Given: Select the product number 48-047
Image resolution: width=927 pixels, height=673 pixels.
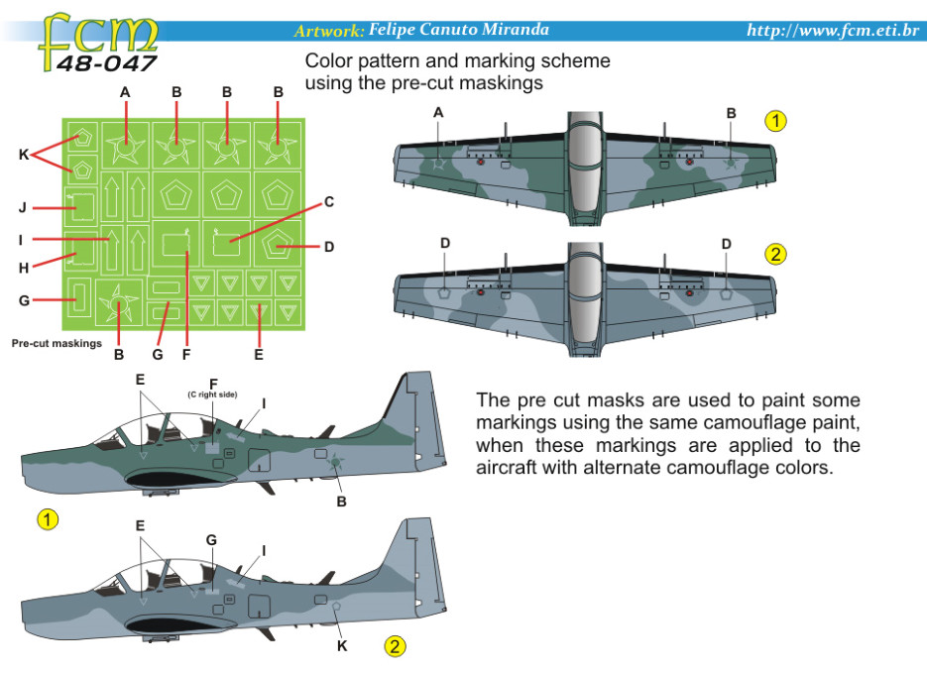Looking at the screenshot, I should (106, 64).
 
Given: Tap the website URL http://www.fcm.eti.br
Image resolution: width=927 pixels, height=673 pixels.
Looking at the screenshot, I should (833, 31).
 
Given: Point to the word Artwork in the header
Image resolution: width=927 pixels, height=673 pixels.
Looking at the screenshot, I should (329, 32).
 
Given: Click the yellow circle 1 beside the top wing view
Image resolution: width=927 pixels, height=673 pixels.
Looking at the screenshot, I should (775, 121).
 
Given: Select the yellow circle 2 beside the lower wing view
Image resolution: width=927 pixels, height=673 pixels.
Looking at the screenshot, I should (775, 254).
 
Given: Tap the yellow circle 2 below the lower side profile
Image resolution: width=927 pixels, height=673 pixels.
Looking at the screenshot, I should (395, 647).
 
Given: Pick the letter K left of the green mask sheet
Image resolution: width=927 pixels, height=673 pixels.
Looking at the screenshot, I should (25, 155).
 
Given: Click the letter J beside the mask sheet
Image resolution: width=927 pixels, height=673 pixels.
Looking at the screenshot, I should (22, 208).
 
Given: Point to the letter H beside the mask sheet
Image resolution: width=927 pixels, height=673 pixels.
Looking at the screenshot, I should (22, 267).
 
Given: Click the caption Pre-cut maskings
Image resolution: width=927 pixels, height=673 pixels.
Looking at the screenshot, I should (57, 344).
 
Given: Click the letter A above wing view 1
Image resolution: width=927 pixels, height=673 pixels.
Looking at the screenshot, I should (438, 113).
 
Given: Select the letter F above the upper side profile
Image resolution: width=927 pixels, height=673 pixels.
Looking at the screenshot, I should (213, 383).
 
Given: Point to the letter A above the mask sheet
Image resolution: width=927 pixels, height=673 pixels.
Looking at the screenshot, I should (126, 91).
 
